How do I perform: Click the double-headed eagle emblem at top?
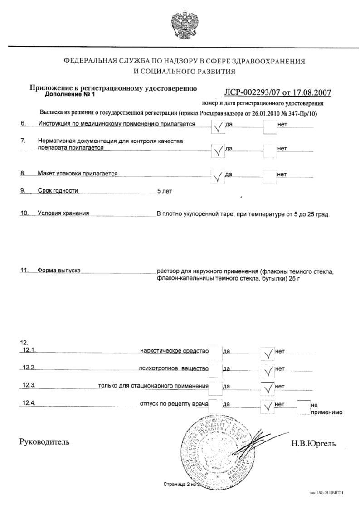click(x=180, y=24)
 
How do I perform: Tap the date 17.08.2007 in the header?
click(x=312, y=92)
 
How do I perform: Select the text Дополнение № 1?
click(x=68, y=96)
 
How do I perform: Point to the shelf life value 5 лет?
click(x=164, y=191)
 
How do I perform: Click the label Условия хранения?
click(x=63, y=213)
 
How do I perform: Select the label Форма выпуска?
click(x=59, y=271)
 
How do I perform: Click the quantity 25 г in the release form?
click(x=294, y=278)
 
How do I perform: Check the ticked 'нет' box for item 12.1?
click(x=268, y=352)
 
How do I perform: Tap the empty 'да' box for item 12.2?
click(x=215, y=369)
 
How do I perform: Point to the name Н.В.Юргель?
click(x=313, y=443)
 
